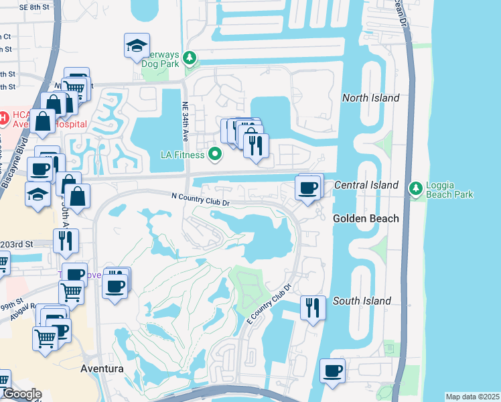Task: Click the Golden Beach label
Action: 366,218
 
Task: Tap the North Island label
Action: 370,98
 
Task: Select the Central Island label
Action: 366,185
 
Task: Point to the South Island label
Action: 362,301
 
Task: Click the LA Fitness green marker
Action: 215,155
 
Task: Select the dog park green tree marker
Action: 190,59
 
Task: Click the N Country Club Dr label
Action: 200,196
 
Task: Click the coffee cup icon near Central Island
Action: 307,188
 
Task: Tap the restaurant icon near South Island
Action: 313,308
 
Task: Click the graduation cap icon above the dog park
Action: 136,46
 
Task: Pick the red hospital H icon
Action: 3,119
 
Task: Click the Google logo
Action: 22,394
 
